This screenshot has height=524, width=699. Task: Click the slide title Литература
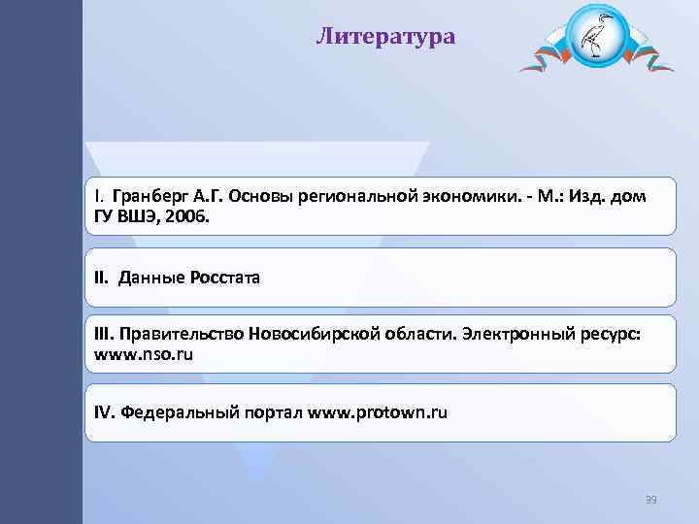coord(385,37)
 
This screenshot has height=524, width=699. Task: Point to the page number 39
coord(650,500)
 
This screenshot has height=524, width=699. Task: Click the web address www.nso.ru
coord(144,355)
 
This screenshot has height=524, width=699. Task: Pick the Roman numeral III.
coord(104,334)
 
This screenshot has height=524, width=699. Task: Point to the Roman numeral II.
coord(103,278)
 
